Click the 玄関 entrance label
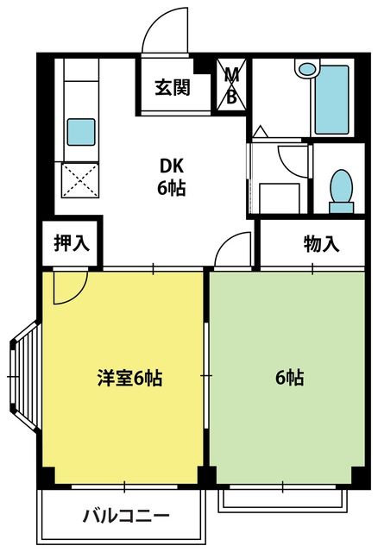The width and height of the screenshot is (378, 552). click(173, 87)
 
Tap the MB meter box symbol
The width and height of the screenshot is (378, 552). click(231, 85)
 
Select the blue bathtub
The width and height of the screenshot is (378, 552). click(332, 100)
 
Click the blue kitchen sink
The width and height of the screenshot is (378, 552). click(81, 132)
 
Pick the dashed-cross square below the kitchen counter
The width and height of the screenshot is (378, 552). click(80, 180)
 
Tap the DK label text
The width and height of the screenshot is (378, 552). click(172, 166)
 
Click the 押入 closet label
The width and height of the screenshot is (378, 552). click(72, 243)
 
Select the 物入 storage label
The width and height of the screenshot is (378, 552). click(321, 244)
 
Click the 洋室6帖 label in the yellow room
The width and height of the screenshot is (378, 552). click(129, 378)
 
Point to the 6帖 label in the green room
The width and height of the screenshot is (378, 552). click(289, 378)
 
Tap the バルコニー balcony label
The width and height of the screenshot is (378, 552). click(126, 517)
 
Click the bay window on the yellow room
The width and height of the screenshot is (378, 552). click(24, 376)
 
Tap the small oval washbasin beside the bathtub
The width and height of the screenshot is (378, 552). click(307, 69)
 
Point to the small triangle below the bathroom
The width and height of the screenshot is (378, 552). click(261, 132)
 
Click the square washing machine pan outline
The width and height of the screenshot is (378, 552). click(280, 198)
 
